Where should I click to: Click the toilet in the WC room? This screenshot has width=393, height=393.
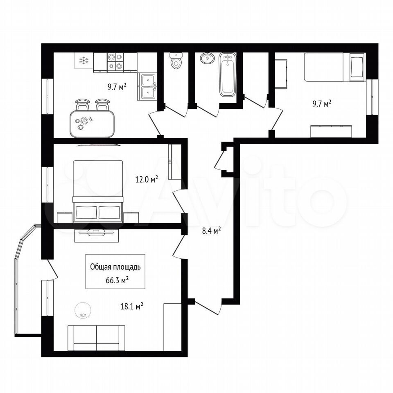pyautogui.click(x=176, y=61)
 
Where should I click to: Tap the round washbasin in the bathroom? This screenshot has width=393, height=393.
pyautogui.click(x=207, y=58)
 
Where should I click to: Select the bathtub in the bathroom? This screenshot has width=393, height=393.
pyautogui.click(x=227, y=75)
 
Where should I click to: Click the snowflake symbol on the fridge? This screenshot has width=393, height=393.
pyautogui.click(x=84, y=60)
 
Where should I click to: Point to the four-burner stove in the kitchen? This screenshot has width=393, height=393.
pyautogui.click(x=115, y=62)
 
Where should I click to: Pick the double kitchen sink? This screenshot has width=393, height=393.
pyautogui.click(x=147, y=87)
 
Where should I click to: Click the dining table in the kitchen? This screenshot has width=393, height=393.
pyautogui.click(x=92, y=124)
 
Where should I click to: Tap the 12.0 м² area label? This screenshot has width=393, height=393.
pyautogui.click(x=147, y=179)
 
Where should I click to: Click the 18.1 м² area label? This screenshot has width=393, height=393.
pyautogui.click(x=132, y=306)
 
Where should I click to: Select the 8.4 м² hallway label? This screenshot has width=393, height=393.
pyautogui.click(x=211, y=230)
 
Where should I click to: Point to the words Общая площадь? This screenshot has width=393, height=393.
pyautogui.click(x=115, y=267)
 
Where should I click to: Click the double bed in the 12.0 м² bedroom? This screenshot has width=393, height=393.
pyautogui.click(x=98, y=192)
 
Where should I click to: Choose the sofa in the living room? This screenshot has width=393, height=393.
pyautogui.click(x=97, y=338)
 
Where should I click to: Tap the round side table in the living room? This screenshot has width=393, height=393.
pyautogui.click(x=83, y=311)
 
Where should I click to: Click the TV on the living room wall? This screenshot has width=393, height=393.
pyautogui.click(x=96, y=233)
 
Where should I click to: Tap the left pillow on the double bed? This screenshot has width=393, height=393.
pyautogui.click(x=86, y=212)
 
